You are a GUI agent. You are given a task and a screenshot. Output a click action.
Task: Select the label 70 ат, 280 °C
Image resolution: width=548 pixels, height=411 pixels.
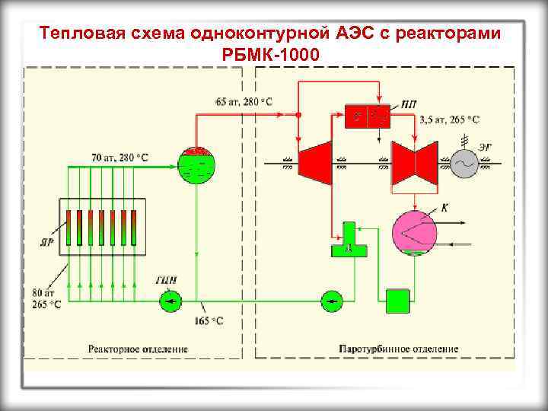pyautogui.click(x=120, y=158)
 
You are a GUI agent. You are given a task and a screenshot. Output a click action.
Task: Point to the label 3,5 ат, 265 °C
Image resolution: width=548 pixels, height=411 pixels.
pyautogui.click(x=450, y=119)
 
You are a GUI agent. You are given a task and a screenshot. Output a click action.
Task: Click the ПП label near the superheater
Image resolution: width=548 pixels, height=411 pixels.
pyautogui.click(x=409, y=106)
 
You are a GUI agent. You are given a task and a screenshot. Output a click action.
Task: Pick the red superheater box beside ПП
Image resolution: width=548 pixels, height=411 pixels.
pyautogui.click(x=367, y=115)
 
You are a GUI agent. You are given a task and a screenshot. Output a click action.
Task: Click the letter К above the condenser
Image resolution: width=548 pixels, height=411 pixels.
pyautogui.click(x=445, y=207)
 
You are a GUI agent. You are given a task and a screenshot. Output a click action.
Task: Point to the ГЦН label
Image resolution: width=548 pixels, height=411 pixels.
pyautogui.click(x=167, y=280)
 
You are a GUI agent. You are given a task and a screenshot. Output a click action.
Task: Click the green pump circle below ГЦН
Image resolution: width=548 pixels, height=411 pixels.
pyautogui.click(x=170, y=301)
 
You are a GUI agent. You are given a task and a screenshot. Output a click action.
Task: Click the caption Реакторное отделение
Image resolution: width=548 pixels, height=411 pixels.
pyautogui.click(x=138, y=349)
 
